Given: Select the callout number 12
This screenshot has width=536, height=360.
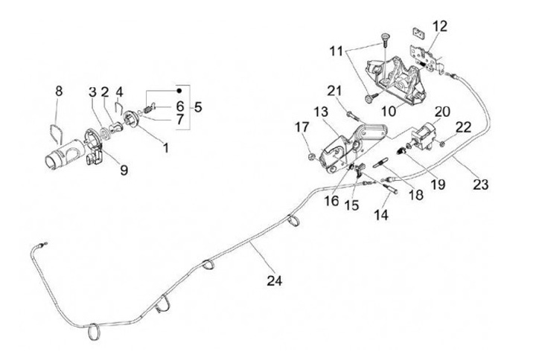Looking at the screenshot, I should tap(440, 26).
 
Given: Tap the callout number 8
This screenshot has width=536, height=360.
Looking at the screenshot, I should tap(59, 91).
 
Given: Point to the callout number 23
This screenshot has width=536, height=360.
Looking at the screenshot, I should tap(480, 184).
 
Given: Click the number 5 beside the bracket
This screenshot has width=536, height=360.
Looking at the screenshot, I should tap(197, 107).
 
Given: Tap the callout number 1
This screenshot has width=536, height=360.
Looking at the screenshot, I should tap(165, 147).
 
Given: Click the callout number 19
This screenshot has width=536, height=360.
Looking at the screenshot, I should tap(438, 183).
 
